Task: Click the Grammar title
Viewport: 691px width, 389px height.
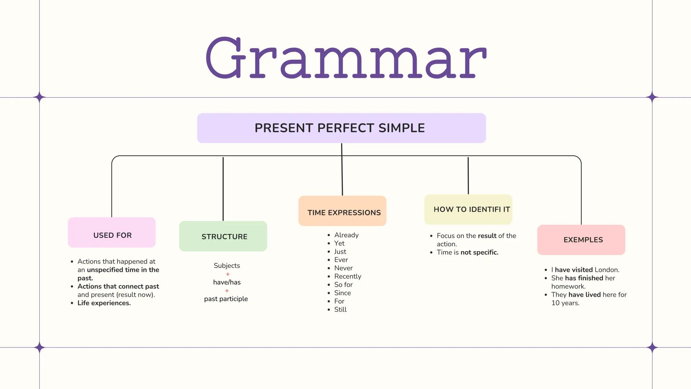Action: click(x=346, y=58)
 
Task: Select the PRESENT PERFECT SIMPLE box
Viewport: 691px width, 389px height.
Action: click(x=341, y=128)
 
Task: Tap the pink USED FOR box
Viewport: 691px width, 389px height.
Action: click(x=112, y=233)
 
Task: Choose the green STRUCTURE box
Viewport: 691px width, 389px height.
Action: click(x=223, y=236)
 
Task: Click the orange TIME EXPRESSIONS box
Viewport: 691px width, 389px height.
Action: click(x=342, y=211)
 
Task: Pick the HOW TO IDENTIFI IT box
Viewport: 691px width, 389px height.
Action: click(x=468, y=210)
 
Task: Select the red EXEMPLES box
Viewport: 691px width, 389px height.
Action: click(x=581, y=240)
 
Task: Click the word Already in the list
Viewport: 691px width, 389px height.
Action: click(x=346, y=235)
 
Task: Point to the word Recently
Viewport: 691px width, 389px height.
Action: click(x=347, y=277)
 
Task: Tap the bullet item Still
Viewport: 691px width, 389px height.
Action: click(x=340, y=310)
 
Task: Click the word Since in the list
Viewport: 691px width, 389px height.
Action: click(x=342, y=293)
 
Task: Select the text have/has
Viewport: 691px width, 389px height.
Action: click(x=227, y=282)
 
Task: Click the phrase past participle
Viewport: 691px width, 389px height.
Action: click(x=226, y=299)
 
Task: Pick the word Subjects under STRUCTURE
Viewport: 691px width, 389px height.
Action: click(x=226, y=266)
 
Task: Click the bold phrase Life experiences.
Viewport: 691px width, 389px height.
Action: click(x=104, y=303)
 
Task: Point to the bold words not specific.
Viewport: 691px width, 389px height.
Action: click(x=479, y=252)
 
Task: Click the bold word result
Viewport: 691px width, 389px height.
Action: click(x=487, y=236)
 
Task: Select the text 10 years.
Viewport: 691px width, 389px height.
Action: click(x=565, y=303)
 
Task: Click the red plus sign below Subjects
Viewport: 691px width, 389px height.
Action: click(x=228, y=274)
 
